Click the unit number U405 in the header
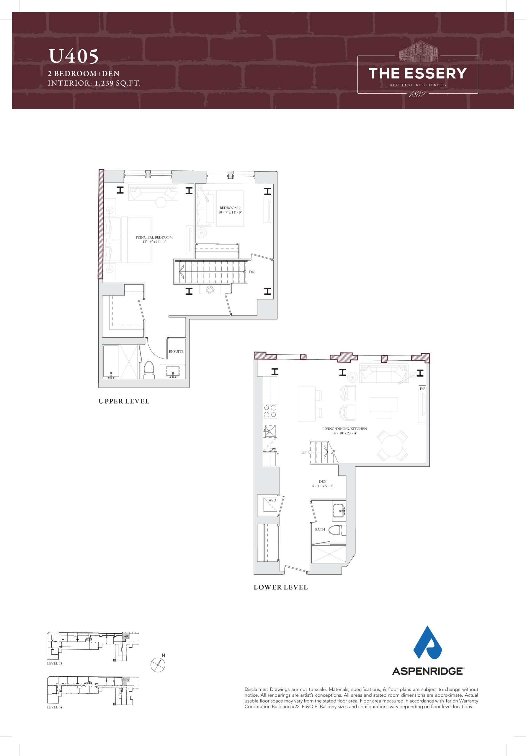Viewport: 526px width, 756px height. click(74, 56)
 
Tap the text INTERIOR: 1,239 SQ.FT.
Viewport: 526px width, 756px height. click(94, 83)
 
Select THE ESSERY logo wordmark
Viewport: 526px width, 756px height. click(418, 74)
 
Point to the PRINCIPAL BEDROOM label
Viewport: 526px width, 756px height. click(154, 237)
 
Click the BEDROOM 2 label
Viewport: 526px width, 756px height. click(230, 208)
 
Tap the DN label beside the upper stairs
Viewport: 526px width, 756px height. click(252, 272)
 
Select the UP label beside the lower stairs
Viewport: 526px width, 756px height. click(304, 452)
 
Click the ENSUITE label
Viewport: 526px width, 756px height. click(176, 351)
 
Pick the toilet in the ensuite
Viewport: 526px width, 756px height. click(149, 370)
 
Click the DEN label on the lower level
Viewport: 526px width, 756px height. click(323, 481)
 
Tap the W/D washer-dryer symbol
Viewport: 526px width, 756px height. click(270, 507)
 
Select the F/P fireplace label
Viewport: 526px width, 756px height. click(422, 389)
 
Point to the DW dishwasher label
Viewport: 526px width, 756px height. click(273, 449)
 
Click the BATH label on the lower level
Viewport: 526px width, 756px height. click(320, 529)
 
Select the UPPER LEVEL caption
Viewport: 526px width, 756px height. click(124, 401)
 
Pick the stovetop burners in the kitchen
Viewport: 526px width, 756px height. click(270, 410)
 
